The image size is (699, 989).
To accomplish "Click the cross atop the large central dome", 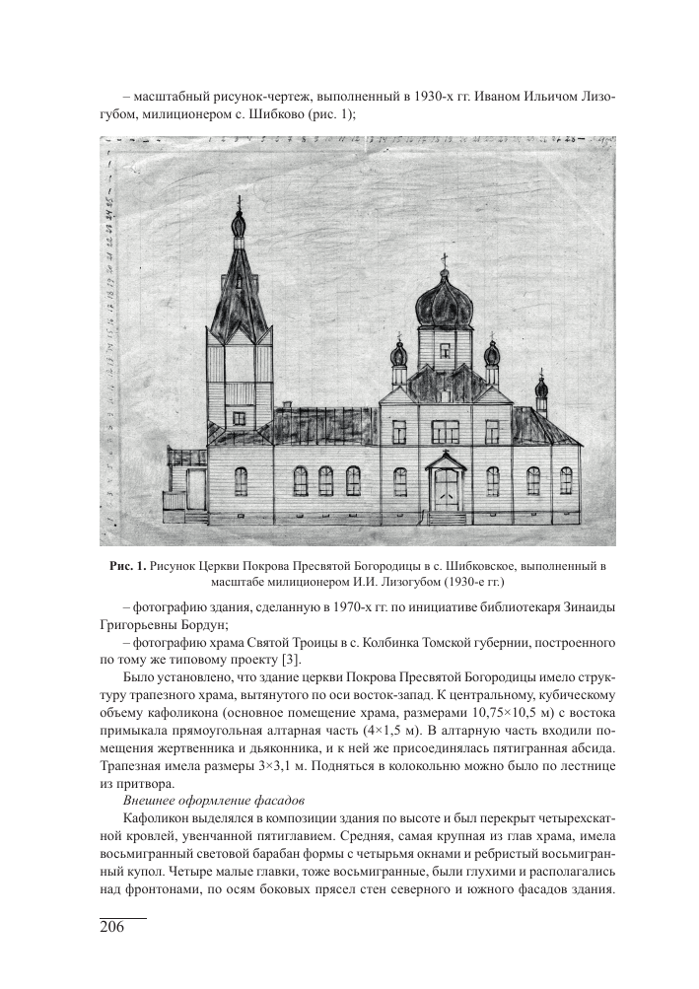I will pyautogui.click(x=443, y=260).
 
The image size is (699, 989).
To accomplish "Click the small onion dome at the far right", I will pyautogui.click(x=540, y=384).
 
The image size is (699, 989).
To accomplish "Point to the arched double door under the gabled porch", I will pyautogui.click(x=447, y=489).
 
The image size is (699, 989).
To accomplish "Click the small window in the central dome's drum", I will pyautogui.click(x=440, y=353).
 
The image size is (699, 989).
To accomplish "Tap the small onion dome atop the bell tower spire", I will pyautogui.click(x=238, y=225).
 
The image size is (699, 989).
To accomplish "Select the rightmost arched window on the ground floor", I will pyautogui.click(x=566, y=481).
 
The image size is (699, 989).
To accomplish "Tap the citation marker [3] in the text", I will pyautogui.click(x=286, y=659).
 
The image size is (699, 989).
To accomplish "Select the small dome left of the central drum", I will pyautogui.click(x=398, y=355).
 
